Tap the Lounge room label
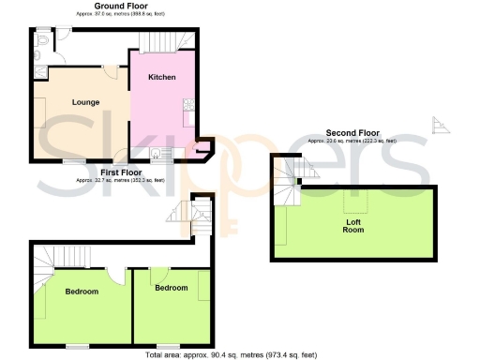pos(85,102)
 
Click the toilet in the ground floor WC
pos(44,42)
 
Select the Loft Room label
pos(354,225)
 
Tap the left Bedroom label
pos(82,292)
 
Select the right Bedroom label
pos(171,288)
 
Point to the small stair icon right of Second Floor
pos(437,125)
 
